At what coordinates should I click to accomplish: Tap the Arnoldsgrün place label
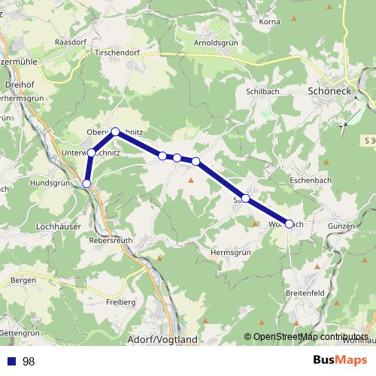(x=217, y=43)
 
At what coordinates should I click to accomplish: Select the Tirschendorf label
(x=118, y=54)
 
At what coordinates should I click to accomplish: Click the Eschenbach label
(x=311, y=181)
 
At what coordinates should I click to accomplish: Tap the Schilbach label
(x=262, y=91)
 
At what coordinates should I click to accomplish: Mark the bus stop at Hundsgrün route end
(x=86, y=183)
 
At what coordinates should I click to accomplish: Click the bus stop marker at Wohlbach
(x=290, y=223)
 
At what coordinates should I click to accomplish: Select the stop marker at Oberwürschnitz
(x=115, y=132)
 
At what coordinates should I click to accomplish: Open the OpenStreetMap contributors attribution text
(x=306, y=337)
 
